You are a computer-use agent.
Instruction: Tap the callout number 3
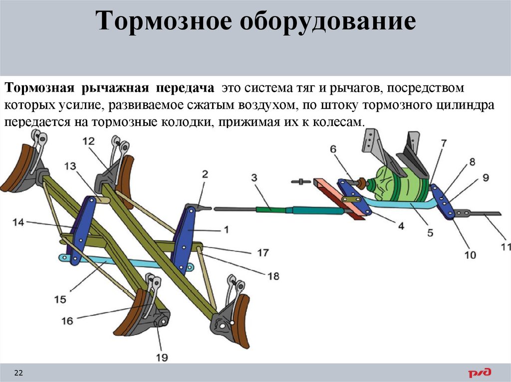(x=254, y=178)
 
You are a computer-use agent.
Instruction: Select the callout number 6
(x=333, y=149)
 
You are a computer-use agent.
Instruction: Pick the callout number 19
(x=162, y=357)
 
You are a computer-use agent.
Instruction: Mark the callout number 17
(x=263, y=253)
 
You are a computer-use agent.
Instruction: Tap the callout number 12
(x=88, y=141)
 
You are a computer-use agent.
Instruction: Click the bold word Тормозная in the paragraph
(x=38, y=88)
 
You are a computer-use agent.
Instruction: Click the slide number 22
(x=19, y=373)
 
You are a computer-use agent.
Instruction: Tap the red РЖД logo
(x=480, y=372)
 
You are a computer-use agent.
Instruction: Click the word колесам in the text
(x=339, y=123)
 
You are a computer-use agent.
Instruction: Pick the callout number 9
(x=485, y=178)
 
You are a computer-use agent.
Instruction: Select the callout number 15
(x=60, y=299)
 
